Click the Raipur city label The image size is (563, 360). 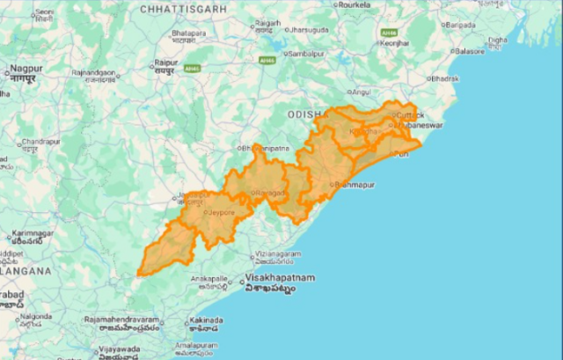[165, 63]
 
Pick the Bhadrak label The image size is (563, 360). [444, 78]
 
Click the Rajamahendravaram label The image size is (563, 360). [122, 320]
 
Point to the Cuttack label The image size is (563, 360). [410, 115]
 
